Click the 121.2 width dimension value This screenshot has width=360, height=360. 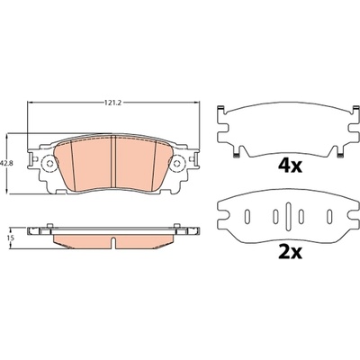click(x=112, y=103)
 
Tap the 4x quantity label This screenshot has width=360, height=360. click(x=290, y=166)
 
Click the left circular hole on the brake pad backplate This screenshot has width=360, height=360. click(x=50, y=163)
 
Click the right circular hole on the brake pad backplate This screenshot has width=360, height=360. click(x=177, y=163)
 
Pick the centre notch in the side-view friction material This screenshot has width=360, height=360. click(x=113, y=243)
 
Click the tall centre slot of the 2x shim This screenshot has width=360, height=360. click(x=288, y=215)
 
